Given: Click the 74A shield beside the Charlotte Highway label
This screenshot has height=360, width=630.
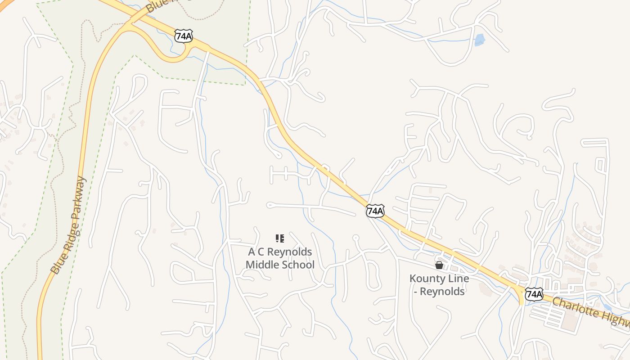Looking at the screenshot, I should pyautogui.click(x=534, y=294).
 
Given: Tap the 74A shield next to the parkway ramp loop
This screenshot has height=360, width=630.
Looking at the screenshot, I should pyautogui.click(x=184, y=36).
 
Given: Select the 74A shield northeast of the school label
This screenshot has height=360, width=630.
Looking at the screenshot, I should pyautogui.click(x=375, y=210).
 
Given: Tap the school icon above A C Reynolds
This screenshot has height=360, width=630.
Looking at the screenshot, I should pyautogui.click(x=279, y=238).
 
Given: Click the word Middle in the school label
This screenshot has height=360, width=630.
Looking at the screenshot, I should pyautogui.click(x=261, y=265).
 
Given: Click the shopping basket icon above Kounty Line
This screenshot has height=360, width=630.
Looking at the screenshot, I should pyautogui.click(x=439, y=265).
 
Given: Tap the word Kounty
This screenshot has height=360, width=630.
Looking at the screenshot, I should pyautogui.click(x=426, y=278).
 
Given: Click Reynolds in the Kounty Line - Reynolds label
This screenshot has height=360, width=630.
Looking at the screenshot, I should pyautogui.click(x=445, y=292).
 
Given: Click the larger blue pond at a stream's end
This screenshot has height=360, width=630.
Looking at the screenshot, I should pyautogui.click(x=480, y=40).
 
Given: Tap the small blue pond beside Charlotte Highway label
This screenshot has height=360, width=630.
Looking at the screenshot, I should pyautogui.click(x=607, y=308).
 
